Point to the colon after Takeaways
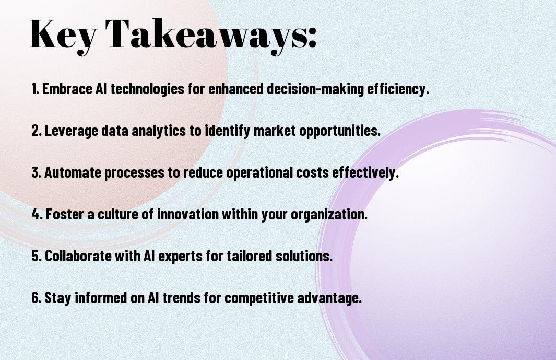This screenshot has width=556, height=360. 312,38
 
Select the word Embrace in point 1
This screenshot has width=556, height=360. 67,89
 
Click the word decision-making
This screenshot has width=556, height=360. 315,89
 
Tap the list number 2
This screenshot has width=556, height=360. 36,131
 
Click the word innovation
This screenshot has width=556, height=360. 188,214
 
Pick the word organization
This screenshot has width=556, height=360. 329,215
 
